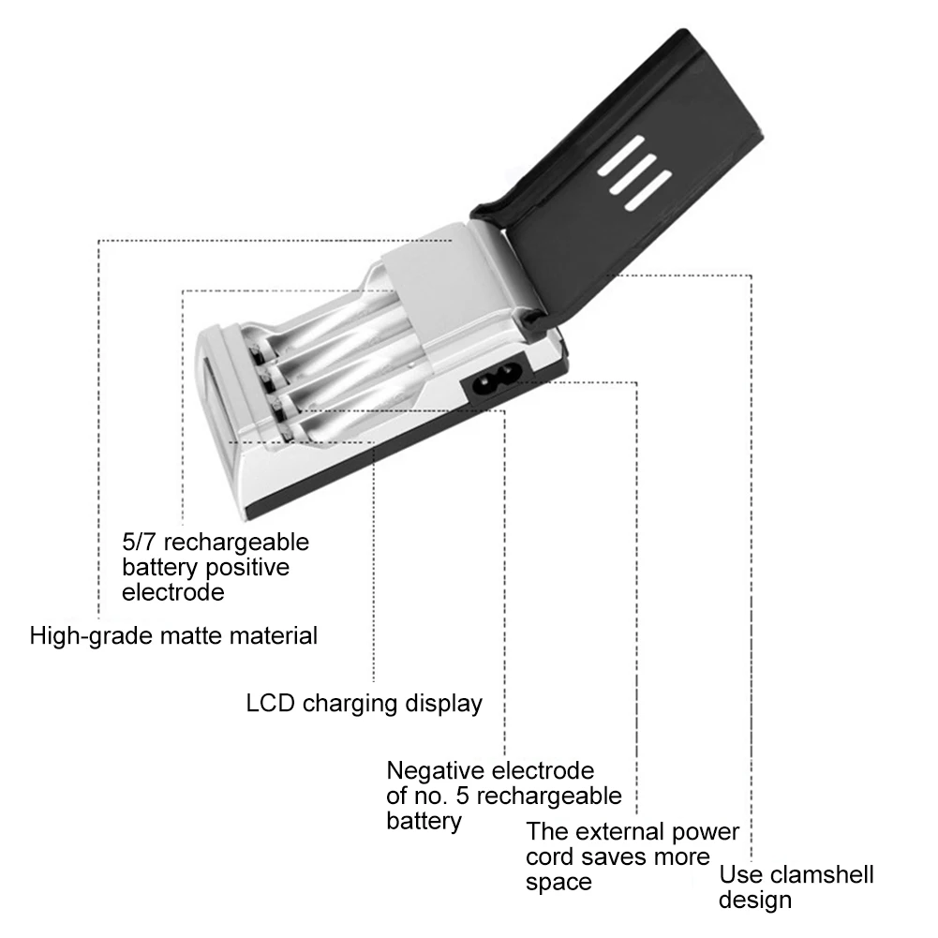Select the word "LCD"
click(271, 703)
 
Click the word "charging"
click(348, 704)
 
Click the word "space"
click(559, 883)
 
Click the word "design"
click(755, 901)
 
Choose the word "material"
click(277, 636)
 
